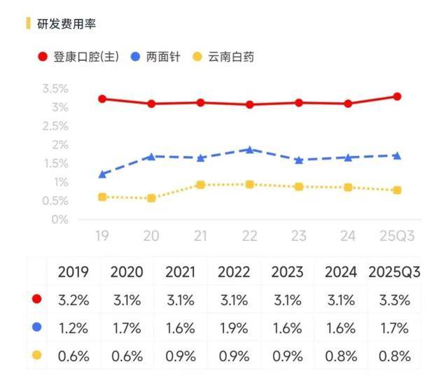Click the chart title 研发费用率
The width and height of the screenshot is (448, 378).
pos(66,24)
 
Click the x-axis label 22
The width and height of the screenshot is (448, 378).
pos(249,237)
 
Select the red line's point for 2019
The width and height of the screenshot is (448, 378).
pos(102,99)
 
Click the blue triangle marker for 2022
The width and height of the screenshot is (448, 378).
pos(249,149)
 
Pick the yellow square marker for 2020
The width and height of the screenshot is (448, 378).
pos(151,198)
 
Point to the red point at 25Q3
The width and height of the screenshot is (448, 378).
pos(397,97)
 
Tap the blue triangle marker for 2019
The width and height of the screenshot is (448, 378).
pos(102,174)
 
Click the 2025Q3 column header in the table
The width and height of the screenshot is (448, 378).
pos(394,272)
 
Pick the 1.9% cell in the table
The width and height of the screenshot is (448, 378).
pos(234,328)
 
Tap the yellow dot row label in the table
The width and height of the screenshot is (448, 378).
pos(36,356)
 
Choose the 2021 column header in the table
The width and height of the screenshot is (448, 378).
pos(181,272)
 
